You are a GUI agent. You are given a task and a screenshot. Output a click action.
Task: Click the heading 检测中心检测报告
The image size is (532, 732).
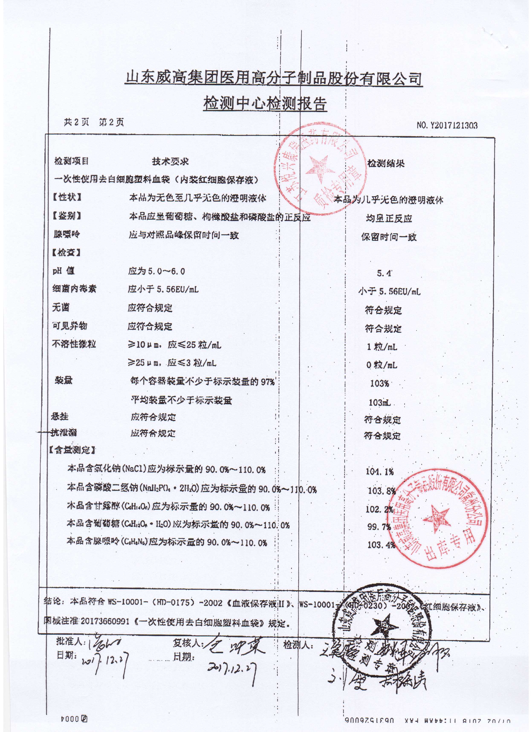(265, 104)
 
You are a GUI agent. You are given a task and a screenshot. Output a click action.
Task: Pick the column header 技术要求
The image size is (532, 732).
(170, 162)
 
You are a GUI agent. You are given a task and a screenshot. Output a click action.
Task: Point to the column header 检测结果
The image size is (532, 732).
(386, 164)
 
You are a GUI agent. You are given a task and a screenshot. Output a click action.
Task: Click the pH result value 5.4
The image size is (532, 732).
(384, 273)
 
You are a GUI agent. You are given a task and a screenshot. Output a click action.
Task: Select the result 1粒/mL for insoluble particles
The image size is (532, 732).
(382, 347)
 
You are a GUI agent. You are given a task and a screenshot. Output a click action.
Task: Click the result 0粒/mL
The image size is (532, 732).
(382, 365)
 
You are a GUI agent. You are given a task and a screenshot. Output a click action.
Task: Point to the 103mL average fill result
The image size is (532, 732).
(380, 403)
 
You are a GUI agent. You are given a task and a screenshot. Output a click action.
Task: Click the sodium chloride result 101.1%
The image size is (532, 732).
(380, 472)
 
